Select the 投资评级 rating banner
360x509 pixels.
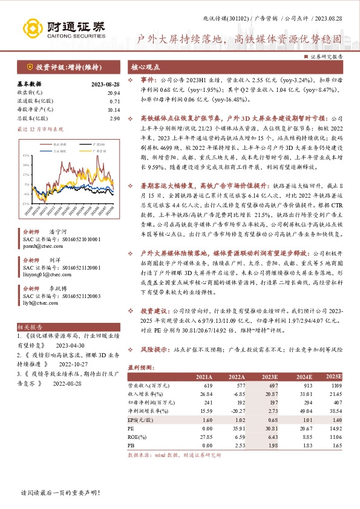click(x=61, y=67)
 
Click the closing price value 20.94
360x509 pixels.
click(x=113, y=93)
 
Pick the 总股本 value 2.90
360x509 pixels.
click(x=115, y=118)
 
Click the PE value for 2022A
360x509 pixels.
click(x=226, y=427)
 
